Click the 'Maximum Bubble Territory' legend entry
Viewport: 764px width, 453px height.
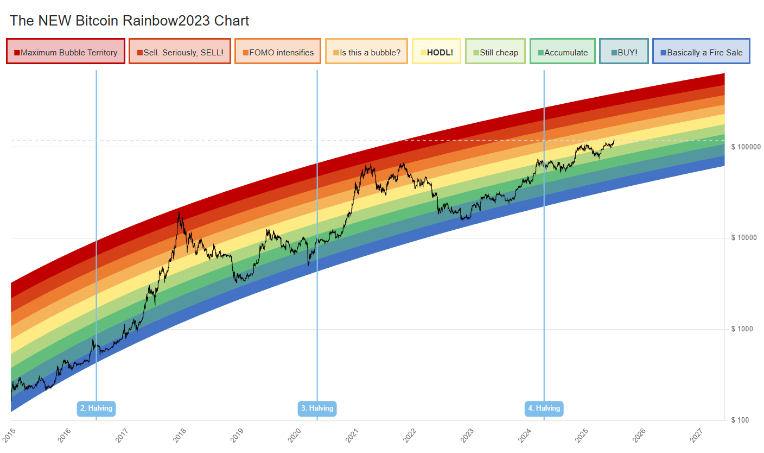[66, 53]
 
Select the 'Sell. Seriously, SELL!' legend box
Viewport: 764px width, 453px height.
[180, 53]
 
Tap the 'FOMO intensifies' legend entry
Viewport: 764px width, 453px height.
[278, 53]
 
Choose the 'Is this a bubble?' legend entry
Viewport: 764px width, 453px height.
[366, 53]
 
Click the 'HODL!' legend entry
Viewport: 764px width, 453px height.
[436, 53]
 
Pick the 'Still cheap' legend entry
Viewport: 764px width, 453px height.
[495, 53]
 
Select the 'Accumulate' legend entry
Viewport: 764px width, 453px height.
[562, 53]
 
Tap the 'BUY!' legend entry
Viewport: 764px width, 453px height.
[624, 53]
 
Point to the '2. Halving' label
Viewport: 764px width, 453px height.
[96, 408]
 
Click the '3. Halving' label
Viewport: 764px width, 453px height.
[317, 408]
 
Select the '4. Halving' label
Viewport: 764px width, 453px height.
[544, 408]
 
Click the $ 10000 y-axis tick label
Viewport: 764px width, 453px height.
[744, 238]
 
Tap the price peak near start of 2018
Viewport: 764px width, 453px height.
[179, 213]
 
